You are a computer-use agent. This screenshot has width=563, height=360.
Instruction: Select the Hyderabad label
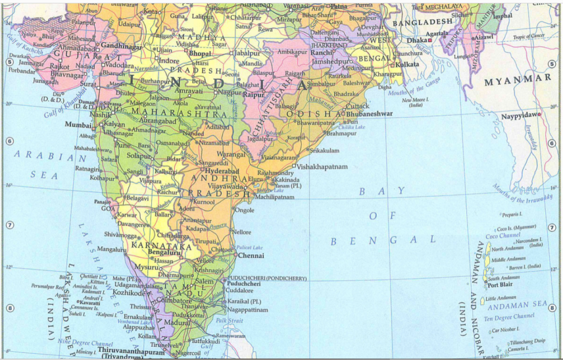[219, 171]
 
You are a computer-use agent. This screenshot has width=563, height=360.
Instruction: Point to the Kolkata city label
[407, 64]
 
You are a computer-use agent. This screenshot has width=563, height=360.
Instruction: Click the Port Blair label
[500, 285]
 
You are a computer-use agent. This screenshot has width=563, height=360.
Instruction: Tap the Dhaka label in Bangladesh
[416, 41]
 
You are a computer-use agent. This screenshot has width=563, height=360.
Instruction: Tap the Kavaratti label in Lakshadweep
[90, 302]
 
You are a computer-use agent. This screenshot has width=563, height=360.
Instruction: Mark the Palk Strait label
[229, 320]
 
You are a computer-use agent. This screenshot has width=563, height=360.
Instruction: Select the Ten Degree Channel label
[509, 317]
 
